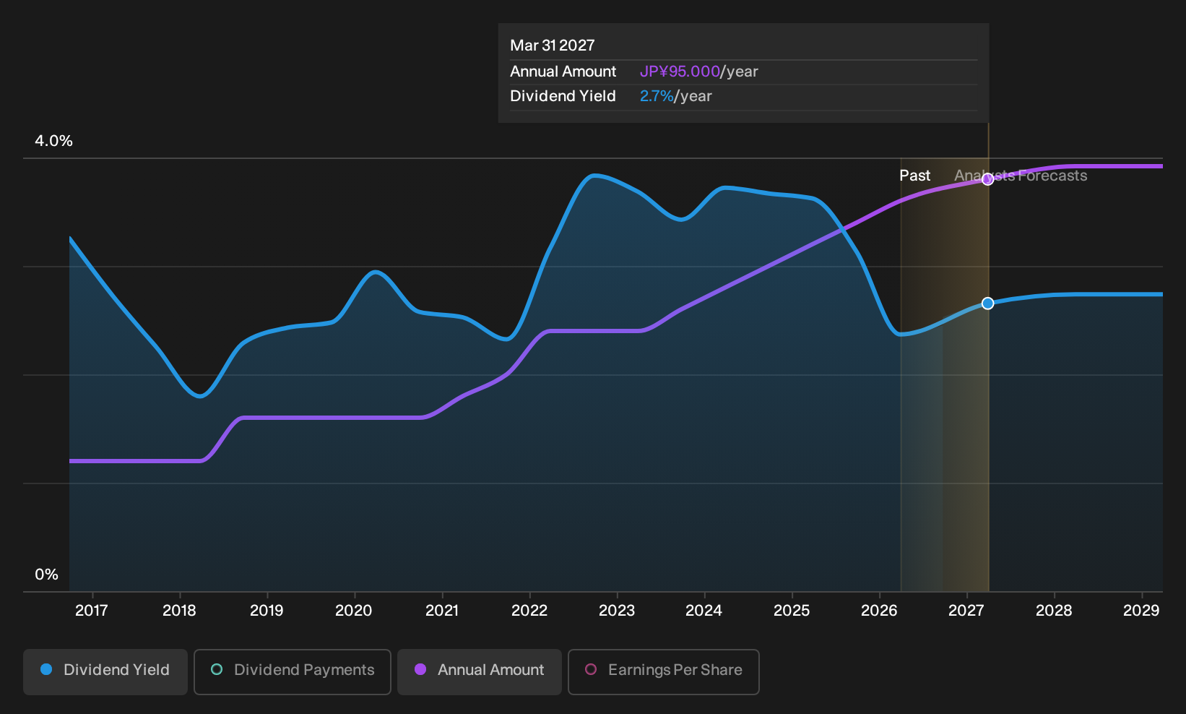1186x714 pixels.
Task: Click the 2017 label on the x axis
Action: (92, 611)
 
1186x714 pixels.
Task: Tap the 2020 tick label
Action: (354, 611)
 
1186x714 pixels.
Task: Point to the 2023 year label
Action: (616, 611)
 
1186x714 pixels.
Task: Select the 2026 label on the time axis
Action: (879, 611)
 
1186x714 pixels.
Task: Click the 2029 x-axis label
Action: (1141, 611)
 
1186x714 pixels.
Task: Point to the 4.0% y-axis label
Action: (53, 141)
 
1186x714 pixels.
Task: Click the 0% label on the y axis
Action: (47, 575)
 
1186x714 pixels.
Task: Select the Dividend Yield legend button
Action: (105, 671)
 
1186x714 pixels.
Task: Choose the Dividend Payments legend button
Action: (293, 671)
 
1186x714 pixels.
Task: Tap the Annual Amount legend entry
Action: (479, 671)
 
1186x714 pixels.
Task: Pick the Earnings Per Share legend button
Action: (663, 671)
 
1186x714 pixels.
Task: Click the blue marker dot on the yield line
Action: (987, 304)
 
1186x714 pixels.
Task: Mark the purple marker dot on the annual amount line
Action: (987, 179)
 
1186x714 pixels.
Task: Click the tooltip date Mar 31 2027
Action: (553, 46)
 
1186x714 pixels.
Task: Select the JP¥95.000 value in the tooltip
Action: (680, 72)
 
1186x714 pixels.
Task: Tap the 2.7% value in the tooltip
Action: (657, 96)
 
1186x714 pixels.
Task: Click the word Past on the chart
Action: (915, 176)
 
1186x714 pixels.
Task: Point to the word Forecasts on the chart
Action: (1052, 176)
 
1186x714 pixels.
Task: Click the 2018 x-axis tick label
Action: (179, 611)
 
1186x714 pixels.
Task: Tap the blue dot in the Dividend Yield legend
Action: (47, 669)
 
